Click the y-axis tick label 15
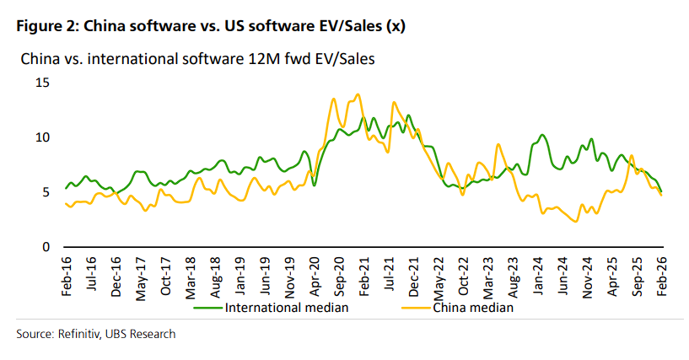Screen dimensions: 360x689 click(x=42, y=83)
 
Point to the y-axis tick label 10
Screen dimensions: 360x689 click(x=42, y=137)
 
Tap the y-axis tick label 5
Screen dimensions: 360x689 click(x=46, y=192)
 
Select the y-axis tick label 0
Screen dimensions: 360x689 click(x=46, y=247)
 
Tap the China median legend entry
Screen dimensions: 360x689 click(x=472, y=307)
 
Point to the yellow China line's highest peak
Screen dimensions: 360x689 click(x=358, y=94)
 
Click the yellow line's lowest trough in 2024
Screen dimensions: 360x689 click(x=575, y=222)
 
